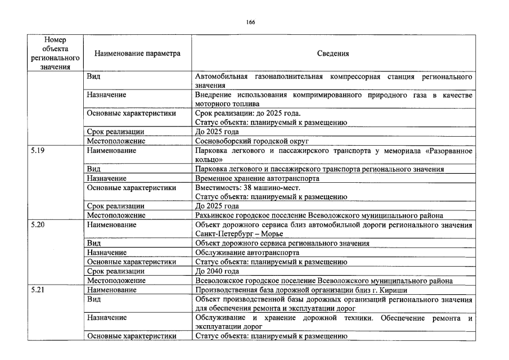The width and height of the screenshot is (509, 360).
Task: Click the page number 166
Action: [250, 22]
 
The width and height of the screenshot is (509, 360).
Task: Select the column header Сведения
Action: [333, 54]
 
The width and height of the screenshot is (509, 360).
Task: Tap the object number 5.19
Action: [38, 151]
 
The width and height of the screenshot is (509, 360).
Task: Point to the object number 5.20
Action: [38, 224]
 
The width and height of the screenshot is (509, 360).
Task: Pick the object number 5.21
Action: [38, 290]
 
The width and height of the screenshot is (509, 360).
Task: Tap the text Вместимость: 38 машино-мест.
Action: [247, 187]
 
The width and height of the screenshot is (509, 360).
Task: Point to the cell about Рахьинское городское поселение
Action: [319, 215]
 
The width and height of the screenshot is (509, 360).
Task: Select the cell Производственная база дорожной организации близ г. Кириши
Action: [301, 290]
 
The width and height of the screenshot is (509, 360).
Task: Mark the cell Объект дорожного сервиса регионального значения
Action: [282, 243]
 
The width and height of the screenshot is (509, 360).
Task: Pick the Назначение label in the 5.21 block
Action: [107, 318]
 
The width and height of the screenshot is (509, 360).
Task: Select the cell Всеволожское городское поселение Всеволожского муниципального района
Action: [323, 280]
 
